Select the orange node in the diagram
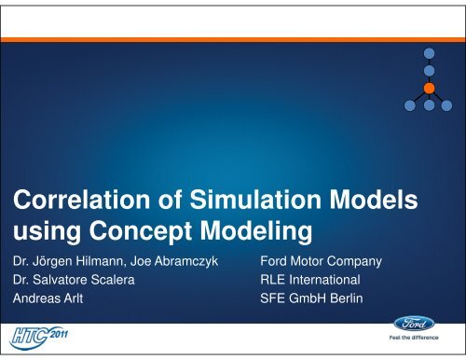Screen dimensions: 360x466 pos(428,88)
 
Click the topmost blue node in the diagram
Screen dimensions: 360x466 pos(428,53)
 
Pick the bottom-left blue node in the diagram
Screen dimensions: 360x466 pos(411,104)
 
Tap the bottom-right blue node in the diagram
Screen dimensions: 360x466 pos(445,104)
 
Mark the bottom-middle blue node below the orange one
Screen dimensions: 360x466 pos(428,104)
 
